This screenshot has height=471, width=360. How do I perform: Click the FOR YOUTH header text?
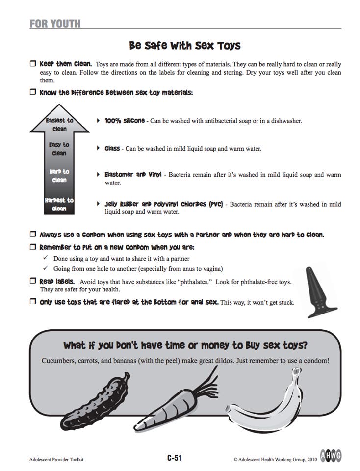coord(54,24)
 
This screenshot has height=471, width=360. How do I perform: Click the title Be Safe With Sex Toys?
coord(185,46)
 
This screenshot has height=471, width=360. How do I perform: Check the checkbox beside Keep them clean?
coord(33,64)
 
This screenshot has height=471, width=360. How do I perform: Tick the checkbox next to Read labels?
coord(33,281)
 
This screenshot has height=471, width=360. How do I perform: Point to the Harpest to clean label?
coord(59,204)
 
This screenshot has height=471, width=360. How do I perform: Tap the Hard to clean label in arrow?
coord(59,176)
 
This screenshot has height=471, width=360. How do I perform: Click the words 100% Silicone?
coord(125,120)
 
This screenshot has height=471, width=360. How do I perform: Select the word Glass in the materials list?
coord(112,148)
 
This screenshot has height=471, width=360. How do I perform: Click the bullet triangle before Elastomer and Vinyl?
coord(99,174)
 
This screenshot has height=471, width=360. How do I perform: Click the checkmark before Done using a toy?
coord(45,258)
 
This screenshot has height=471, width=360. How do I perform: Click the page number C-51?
coord(174,458)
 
